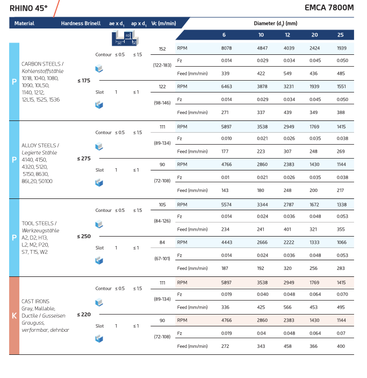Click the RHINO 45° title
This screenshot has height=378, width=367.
tap(28, 8)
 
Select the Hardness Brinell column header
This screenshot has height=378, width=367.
tap(81, 24)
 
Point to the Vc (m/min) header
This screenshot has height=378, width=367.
tap(163, 24)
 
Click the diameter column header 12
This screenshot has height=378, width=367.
tap(287, 35)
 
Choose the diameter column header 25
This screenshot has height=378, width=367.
tap(341, 35)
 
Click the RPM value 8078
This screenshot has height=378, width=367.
tap(226, 48)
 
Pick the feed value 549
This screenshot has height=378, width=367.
tap(287, 73)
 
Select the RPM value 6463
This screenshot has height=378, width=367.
tap(227, 86)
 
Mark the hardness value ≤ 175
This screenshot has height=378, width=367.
tap(84, 80)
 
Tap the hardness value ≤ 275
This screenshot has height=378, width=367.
tap(84, 158)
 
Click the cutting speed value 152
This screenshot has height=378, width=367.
tap(162, 48)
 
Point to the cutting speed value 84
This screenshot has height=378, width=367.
tap(162, 242)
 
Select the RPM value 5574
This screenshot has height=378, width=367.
tap(227, 205)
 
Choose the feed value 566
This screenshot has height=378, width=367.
tap(287, 307)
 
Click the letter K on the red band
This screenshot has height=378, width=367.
tap(14, 316)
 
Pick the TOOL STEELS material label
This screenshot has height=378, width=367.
tap(39, 223)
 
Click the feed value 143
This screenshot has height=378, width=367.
tap(225, 190)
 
